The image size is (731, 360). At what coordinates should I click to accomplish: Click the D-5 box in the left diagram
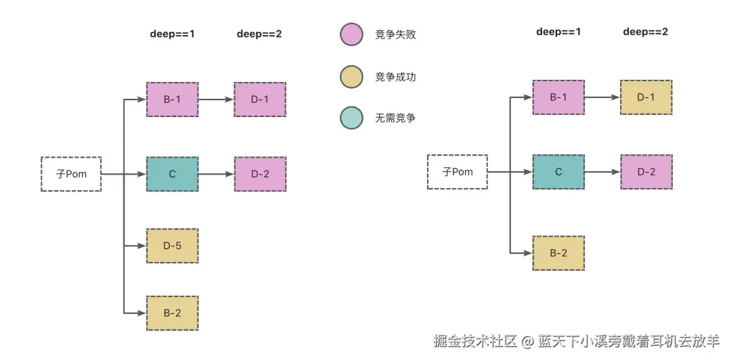tap(172, 246)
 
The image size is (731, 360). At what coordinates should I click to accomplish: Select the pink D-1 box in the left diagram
tap(260, 99)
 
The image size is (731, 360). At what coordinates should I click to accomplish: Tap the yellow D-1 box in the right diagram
tap(646, 97)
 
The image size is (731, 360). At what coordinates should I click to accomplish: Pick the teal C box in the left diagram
tap(172, 174)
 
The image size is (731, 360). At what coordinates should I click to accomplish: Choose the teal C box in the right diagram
tap(558, 172)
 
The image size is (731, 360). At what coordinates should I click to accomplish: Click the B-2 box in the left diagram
tap(172, 313)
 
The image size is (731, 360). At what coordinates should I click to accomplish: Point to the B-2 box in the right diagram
tap(558, 253)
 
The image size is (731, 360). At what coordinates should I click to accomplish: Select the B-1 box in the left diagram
tap(172, 99)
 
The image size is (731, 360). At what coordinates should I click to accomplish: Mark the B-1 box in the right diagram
tap(558, 97)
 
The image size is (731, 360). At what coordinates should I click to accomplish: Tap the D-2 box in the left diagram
tap(260, 174)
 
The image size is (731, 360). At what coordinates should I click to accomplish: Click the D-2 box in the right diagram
tap(646, 172)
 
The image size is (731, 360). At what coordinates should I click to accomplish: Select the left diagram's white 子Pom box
tap(71, 174)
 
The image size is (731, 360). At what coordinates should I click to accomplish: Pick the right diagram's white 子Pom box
tap(458, 172)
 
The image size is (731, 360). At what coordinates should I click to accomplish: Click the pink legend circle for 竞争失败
tap(351, 35)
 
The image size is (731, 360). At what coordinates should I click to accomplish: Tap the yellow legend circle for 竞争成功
tap(351, 76)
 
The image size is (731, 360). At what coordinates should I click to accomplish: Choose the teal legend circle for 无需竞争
tap(351, 118)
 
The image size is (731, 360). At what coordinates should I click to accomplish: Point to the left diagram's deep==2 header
tap(259, 34)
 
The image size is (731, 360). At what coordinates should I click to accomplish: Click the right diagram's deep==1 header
tap(558, 32)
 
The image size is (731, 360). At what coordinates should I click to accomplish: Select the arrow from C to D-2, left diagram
tap(216, 174)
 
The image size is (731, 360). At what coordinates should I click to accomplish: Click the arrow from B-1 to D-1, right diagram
tap(602, 97)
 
